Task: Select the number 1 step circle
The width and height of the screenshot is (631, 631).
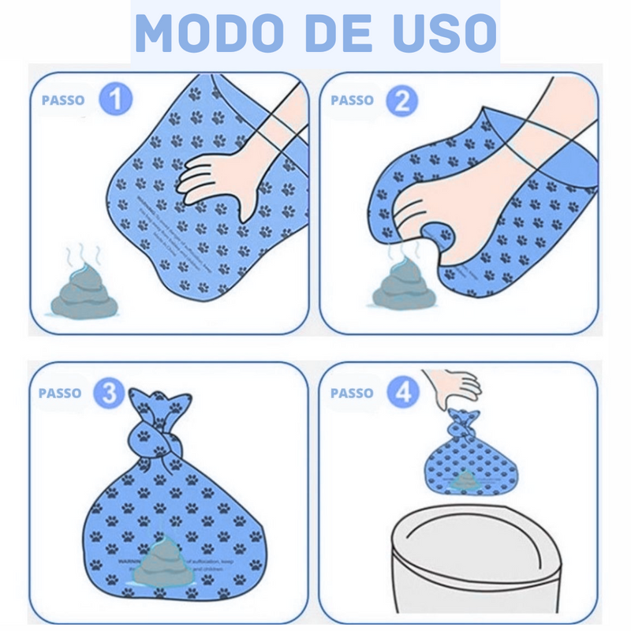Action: click(x=115, y=100)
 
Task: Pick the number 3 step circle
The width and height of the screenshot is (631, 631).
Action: click(x=110, y=392)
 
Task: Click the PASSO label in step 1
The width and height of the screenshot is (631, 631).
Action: click(x=64, y=101)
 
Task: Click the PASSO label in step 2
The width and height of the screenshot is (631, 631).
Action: click(x=353, y=101)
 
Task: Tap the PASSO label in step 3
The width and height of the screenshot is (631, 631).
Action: click(x=60, y=393)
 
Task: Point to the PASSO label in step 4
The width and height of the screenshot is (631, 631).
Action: click(x=352, y=393)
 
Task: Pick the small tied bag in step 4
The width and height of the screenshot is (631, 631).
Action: click(x=465, y=465)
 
